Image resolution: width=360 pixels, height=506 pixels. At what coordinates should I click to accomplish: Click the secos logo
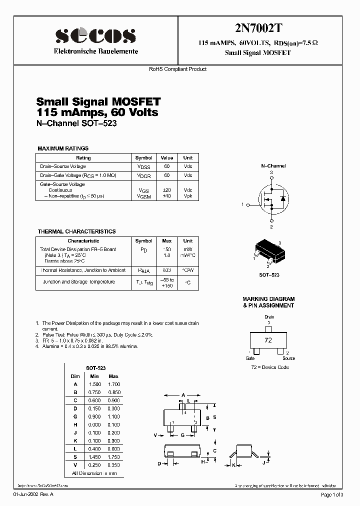click(95, 35)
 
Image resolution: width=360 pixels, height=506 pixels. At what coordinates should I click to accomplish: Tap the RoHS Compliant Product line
click(178, 69)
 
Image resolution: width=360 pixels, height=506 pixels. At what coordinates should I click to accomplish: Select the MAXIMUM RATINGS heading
click(63, 148)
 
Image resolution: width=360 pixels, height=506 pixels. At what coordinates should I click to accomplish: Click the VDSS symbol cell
click(144, 166)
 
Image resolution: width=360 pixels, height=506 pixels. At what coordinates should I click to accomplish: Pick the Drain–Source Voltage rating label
click(63, 166)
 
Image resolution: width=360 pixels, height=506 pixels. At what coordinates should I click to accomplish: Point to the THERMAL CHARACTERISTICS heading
click(76, 231)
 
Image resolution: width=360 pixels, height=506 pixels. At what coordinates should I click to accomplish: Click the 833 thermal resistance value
click(166, 270)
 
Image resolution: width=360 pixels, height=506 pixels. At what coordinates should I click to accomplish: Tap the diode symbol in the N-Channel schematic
click(283, 198)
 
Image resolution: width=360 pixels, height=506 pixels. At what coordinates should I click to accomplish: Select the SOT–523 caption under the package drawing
click(269, 275)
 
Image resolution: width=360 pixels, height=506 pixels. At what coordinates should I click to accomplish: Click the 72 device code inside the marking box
click(268, 340)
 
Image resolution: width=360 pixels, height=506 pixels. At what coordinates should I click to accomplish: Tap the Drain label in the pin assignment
click(269, 317)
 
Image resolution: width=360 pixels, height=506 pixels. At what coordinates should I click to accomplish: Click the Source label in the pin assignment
click(288, 358)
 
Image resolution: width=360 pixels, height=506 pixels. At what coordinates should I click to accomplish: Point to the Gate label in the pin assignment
click(250, 358)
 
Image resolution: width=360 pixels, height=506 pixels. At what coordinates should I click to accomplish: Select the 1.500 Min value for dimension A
click(94, 384)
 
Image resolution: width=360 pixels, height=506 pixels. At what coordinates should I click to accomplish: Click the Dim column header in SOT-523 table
click(75, 376)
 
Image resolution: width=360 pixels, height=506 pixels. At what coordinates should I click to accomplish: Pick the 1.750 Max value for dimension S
click(113, 456)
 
